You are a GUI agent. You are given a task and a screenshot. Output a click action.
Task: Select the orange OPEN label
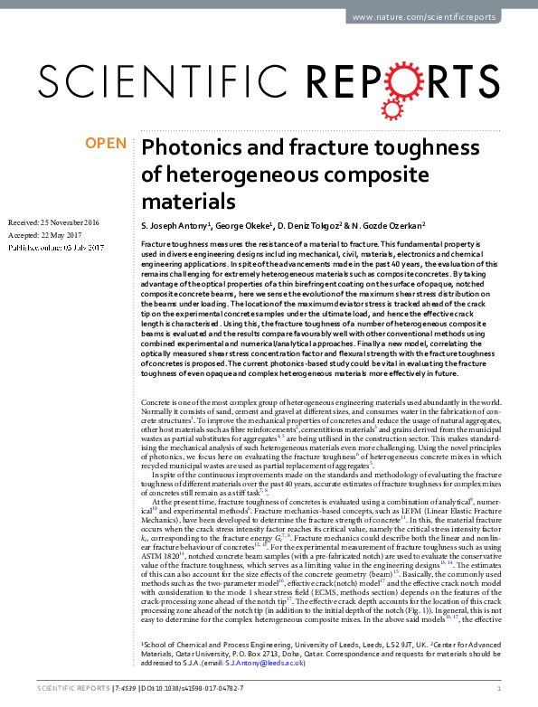(104, 143)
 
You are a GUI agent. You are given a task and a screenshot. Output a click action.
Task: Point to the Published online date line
(56, 248)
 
